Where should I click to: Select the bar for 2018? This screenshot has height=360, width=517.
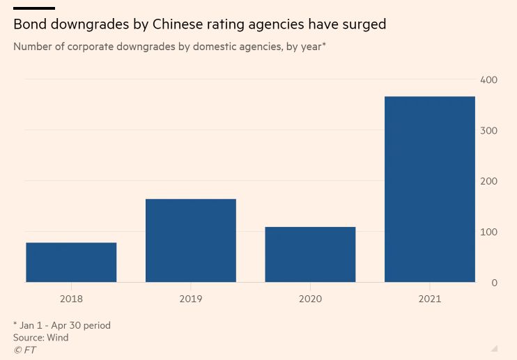tap(71, 263)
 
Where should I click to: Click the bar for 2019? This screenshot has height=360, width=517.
tap(191, 241)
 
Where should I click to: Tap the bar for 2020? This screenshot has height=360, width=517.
tap(310, 255)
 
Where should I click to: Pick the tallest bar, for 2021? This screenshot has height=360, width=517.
tap(430, 189)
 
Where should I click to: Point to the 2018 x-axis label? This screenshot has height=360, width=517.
tap(71, 299)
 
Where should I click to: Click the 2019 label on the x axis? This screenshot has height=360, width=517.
tap(191, 299)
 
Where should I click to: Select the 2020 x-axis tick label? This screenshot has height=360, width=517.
tap(310, 299)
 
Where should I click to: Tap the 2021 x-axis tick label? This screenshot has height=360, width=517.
tap(430, 299)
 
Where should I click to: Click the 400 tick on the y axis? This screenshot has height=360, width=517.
tap(488, 80)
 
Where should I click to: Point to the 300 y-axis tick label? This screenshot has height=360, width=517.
tap(488, 131)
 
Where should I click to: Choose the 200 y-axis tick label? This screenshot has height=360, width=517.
tap(488, 181)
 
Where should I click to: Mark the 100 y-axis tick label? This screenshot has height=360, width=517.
tap(488, 232)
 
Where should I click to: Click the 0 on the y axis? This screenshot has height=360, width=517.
tap(494, 283)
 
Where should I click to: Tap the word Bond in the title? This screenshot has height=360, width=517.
tap(29, 25)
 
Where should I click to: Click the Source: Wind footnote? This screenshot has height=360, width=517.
tap(40, 338)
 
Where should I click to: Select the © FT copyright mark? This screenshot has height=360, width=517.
tap(24, 350)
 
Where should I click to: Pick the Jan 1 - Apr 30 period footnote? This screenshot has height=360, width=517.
tap(61, 325)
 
